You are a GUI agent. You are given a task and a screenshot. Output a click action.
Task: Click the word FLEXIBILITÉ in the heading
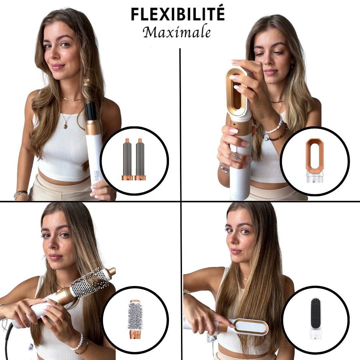(178, 14)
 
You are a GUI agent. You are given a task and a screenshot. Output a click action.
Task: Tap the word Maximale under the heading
(177, 32)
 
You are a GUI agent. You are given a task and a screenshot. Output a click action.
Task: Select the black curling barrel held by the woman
(91, 112)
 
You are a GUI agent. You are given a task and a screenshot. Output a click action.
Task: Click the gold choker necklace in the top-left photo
(71, 99)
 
